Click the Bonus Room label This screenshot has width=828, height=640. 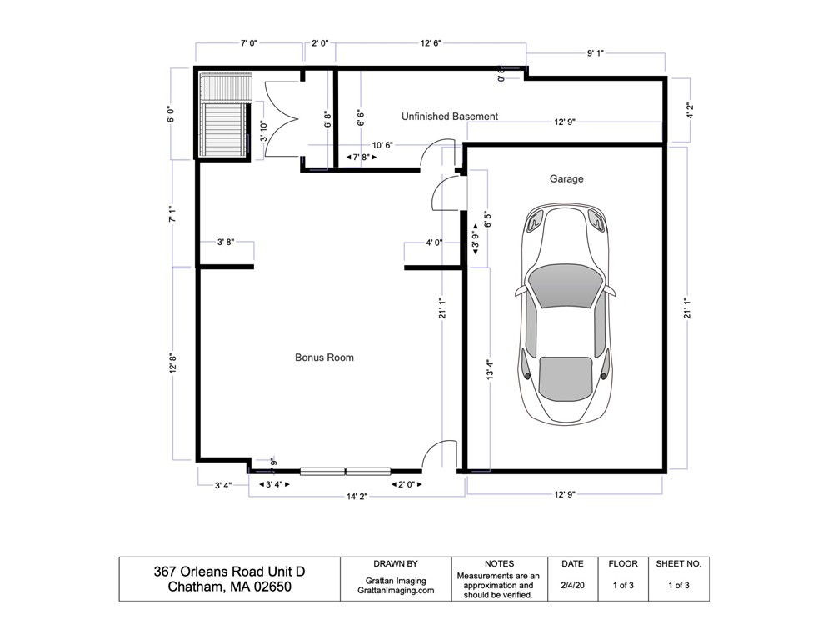coord(324,357)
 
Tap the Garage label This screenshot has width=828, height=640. coord(566,178)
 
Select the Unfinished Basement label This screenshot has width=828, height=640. coord(449,117)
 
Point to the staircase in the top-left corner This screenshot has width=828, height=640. coord(224,115)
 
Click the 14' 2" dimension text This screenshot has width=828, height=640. coord(357,497)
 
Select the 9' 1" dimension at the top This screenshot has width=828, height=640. coord(595,52)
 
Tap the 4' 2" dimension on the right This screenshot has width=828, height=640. coord(690,110)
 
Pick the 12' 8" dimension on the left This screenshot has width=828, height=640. coord(172,364)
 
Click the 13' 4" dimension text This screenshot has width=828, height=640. coord(490,370)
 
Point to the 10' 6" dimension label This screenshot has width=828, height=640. coord(382,145)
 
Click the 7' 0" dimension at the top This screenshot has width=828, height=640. coord(249,42)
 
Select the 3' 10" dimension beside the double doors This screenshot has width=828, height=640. coord(263,131)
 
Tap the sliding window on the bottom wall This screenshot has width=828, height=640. coord(346,471)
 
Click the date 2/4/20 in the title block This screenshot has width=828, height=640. coord(572,585)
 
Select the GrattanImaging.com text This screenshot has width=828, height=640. coord(396,591)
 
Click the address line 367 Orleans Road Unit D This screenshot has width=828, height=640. coord(229,572)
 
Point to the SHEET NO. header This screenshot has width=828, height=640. coord(679,564)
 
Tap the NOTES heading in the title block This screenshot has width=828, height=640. coord(499,564)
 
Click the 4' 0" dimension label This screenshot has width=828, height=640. coord(434,242)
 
